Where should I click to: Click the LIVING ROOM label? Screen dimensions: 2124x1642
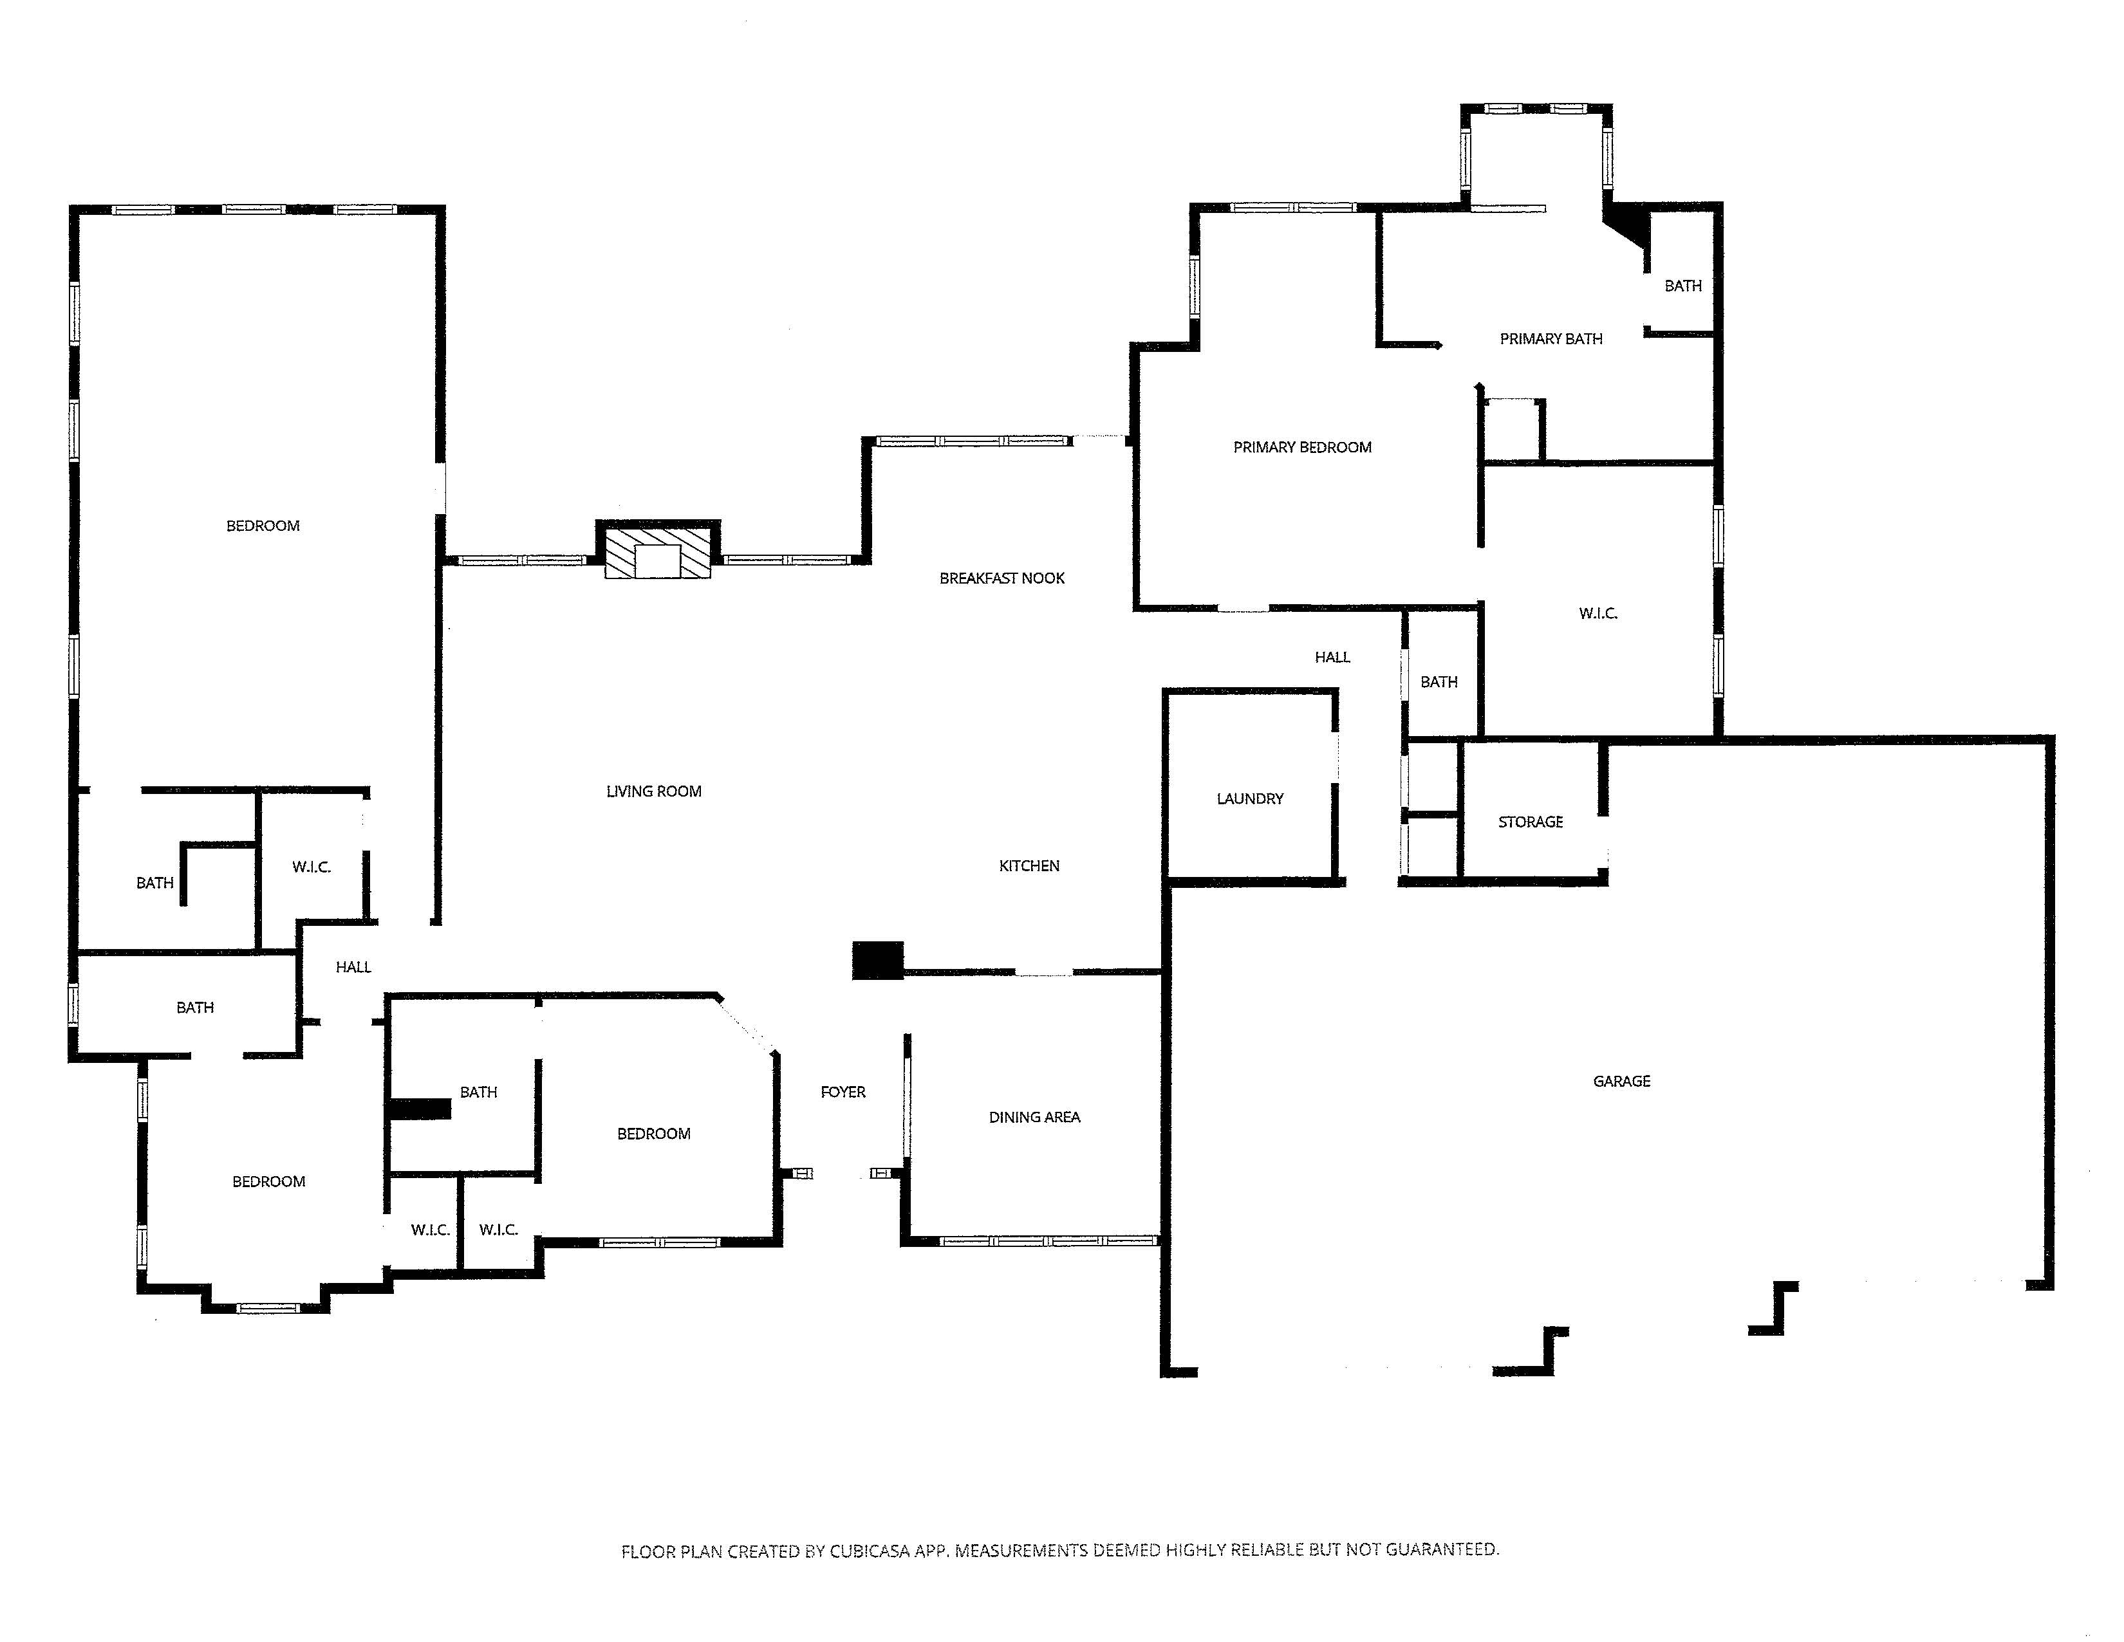point(653,791)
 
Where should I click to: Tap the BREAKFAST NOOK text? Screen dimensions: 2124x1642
point(1001,578)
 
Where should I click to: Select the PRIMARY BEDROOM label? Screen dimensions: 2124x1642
point(1302,447)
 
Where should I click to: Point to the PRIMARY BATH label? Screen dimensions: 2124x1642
point(1551,339)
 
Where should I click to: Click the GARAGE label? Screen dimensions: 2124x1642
point(1621,1081)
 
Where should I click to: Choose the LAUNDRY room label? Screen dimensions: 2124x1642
point(1250,799)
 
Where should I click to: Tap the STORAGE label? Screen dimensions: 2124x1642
point(1530,822)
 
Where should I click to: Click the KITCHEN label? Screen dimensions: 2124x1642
point(1029,866)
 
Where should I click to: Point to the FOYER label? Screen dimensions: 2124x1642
point(843,1093)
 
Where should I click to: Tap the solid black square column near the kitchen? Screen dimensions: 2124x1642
point(878,961)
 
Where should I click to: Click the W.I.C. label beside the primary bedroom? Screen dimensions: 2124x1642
point(1598,613)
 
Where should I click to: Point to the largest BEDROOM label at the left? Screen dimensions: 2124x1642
point(263,526)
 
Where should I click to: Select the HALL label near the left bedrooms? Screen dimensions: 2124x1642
point(353,967)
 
